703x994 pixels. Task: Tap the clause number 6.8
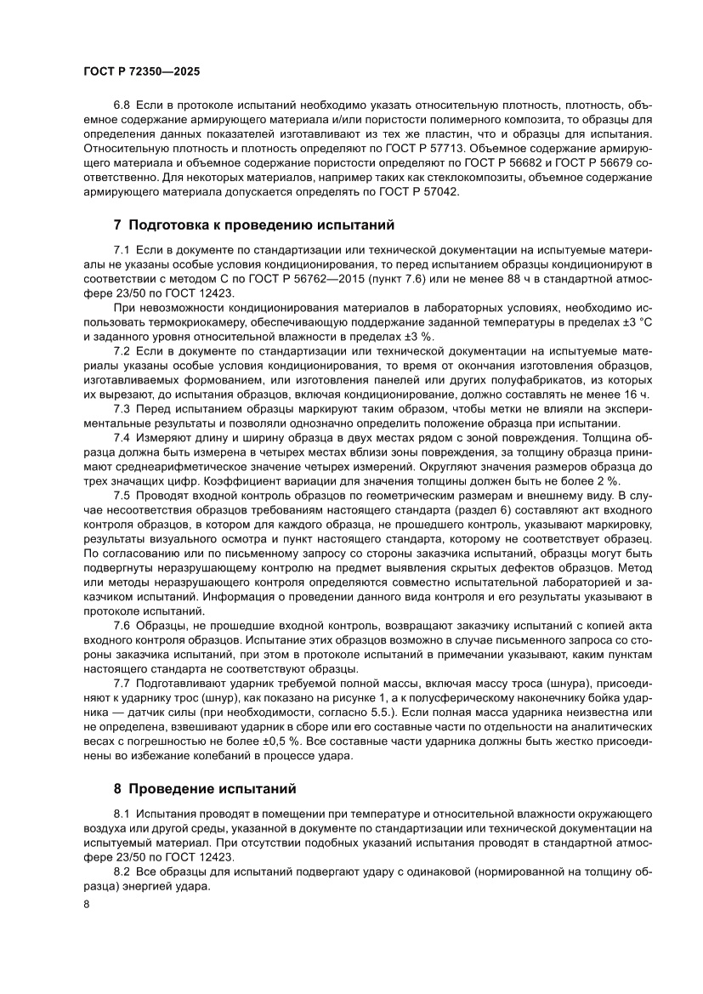point(122,105)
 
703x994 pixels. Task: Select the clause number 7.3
point(122,409)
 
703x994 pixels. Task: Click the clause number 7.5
point(122,495)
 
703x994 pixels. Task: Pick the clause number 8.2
point(122,872)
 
